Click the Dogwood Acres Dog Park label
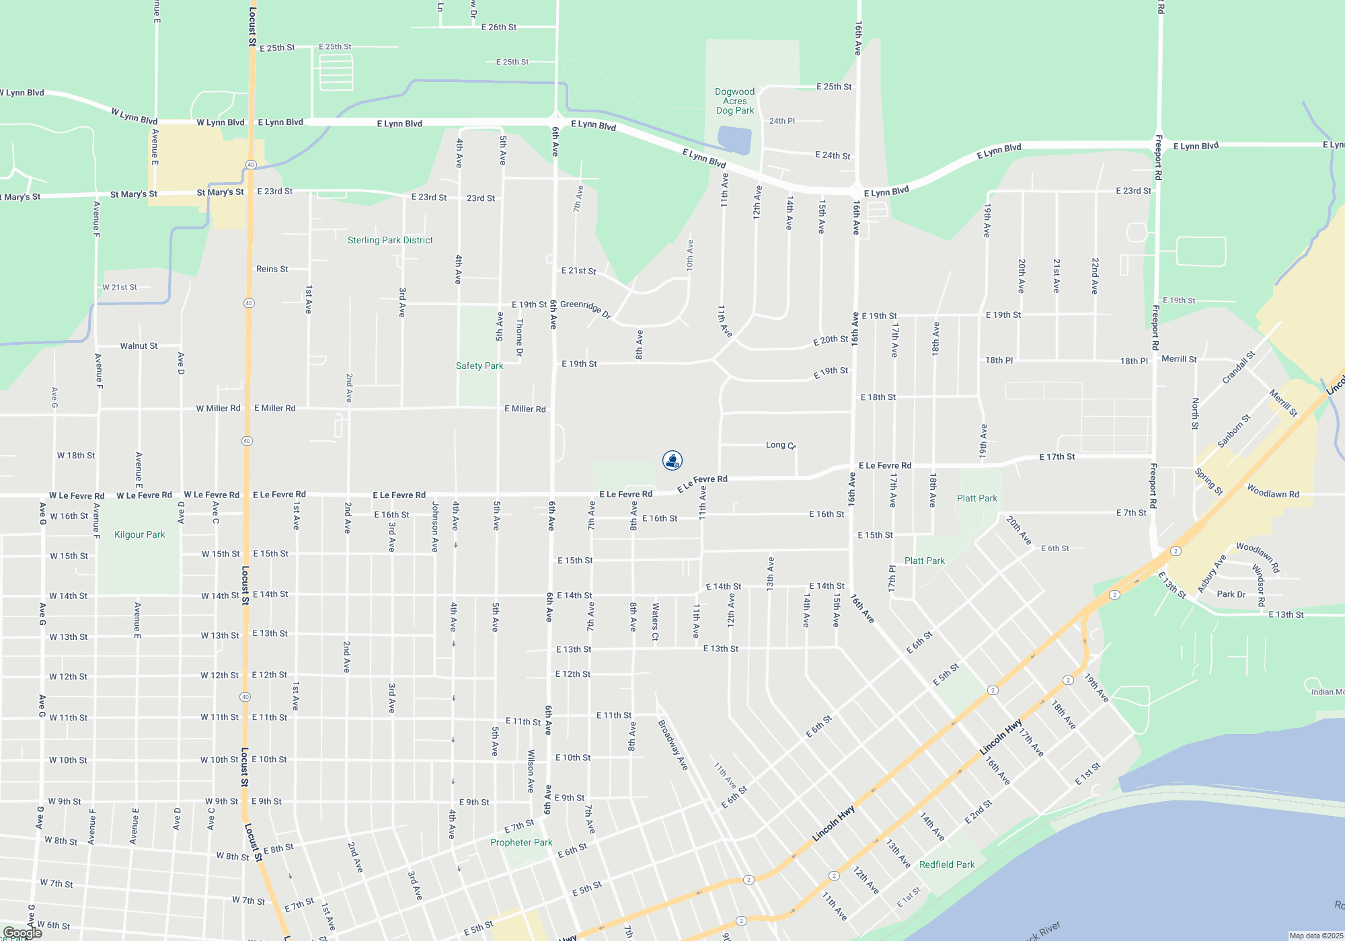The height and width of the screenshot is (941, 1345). [734, 101]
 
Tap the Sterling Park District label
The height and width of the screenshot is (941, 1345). [390, 240]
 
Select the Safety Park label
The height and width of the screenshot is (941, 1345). [479, 366]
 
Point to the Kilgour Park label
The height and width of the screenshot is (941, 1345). [140, 534]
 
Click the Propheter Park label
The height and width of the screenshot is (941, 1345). [521, 842]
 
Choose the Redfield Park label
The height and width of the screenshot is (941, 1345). [947, 864]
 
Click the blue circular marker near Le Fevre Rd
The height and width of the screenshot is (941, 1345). [672, 460]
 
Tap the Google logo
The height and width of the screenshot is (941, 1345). [23, 932]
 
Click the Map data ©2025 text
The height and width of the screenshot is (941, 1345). [1316, 936]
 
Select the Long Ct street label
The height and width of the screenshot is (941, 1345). [781, 445]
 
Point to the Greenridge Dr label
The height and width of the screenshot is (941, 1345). [586, 309]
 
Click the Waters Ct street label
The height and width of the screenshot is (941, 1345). [655, 621]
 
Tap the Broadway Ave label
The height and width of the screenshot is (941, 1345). [673, 745]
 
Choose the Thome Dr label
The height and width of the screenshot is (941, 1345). [519, 337]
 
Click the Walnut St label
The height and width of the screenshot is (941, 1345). [139, 346]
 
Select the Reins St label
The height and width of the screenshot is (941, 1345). [272, 269]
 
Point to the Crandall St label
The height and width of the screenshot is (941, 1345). [1238, 368]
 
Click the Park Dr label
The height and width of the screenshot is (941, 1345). [1231, 594]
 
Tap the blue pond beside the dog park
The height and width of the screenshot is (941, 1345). [734, 140]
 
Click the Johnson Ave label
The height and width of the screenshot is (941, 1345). [435, 527]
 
